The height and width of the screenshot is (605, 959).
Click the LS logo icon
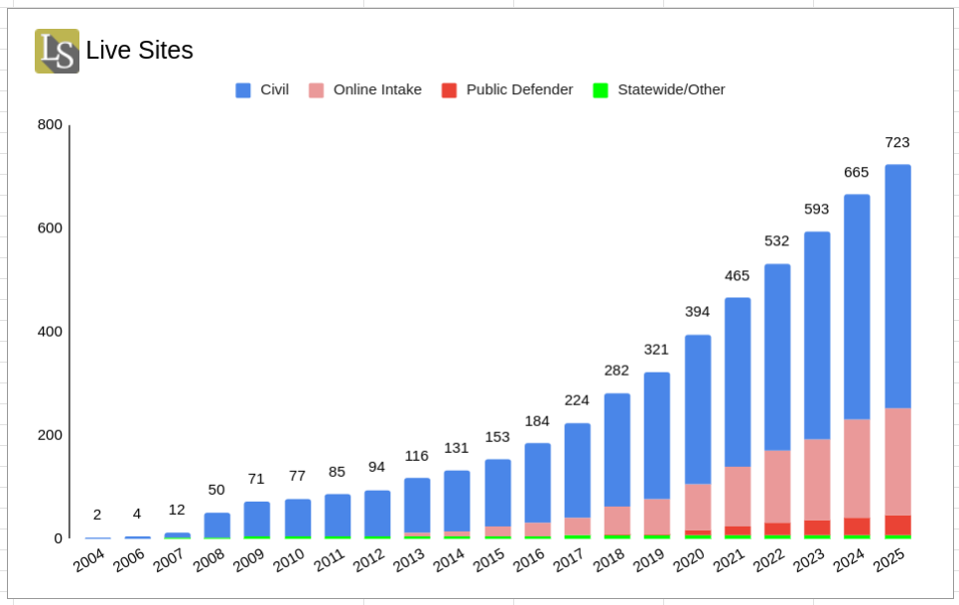coord(57,51)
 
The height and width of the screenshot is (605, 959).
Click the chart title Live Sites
coord(139,51)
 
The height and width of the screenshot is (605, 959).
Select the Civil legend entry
coord(262,89)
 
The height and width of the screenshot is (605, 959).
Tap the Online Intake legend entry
coord(364,89)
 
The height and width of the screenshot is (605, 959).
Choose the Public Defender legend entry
coord(506,89)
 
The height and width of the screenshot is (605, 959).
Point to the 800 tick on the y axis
coord(50,124)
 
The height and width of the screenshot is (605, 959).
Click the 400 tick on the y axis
coord(50,331)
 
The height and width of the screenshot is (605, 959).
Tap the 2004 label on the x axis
coord(89,561)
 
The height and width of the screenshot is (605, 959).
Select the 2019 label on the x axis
coord(649,561)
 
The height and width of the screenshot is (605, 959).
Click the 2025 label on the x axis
coord(890,561)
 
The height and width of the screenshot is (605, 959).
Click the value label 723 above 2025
coord(897,142)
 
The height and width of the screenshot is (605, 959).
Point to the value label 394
coord(697,312)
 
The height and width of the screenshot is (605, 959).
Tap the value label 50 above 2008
coord(216,490)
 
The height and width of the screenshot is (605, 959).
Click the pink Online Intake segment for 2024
coord(857,468)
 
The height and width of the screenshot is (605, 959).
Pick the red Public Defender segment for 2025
coord(897,525)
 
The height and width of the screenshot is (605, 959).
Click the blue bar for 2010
coord(297,517)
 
